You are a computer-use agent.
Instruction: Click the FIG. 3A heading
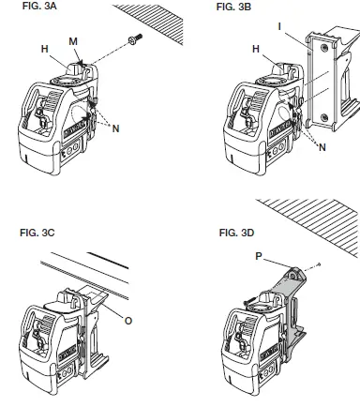(x=24, y=8)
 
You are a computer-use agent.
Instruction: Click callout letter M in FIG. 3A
(x=74, y=38)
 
